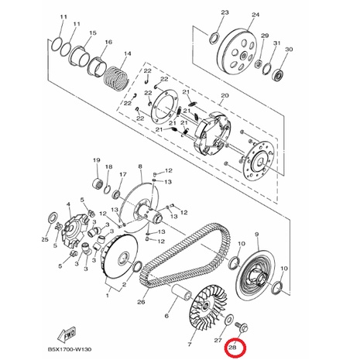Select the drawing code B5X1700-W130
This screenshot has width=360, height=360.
tap(69, 349)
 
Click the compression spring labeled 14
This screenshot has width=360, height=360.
tap(116, 77)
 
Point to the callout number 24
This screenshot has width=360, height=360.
tap(255, 15)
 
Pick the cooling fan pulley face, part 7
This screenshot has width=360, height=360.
tap(208, 309)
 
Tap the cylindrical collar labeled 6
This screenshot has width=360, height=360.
tap(182, 293)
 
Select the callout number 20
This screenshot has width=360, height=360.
tap(225, 95)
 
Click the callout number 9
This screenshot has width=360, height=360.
tap(256, 235)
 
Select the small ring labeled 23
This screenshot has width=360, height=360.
tap(215, 38)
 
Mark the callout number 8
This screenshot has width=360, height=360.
tap(140, 166)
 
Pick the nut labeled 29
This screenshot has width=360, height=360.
tap(259, 63)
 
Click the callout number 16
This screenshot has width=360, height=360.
tap(108, 42)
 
